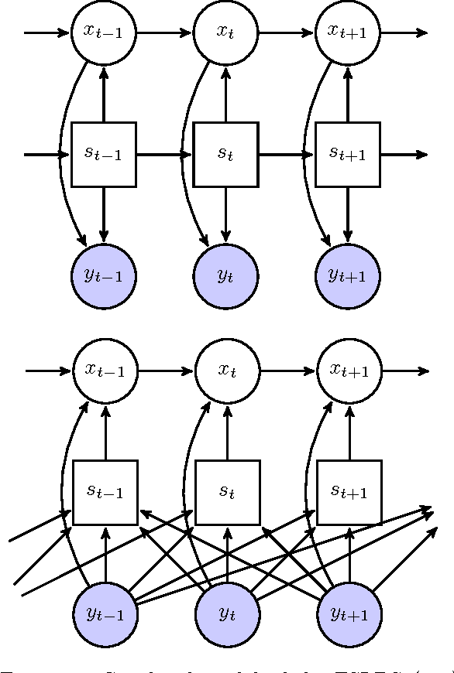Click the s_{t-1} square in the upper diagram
point(103,154)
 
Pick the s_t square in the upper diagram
point(225,154)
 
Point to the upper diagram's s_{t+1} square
point(348,154)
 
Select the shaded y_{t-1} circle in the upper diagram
point(103,275)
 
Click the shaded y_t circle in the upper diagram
point(225,275)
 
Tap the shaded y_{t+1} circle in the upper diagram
point(348,275)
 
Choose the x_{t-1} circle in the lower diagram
point(105,371)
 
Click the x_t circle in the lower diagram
point(226,371)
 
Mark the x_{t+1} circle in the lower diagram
point(349,371)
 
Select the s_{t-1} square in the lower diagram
point(105,492)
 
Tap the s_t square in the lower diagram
point(226,492)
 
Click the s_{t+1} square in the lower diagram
point(349,492)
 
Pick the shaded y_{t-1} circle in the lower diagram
point(105,614)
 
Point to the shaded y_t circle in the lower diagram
point(226,614)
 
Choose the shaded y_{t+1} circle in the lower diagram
point(349,614)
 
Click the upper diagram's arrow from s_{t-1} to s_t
point(164,154)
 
